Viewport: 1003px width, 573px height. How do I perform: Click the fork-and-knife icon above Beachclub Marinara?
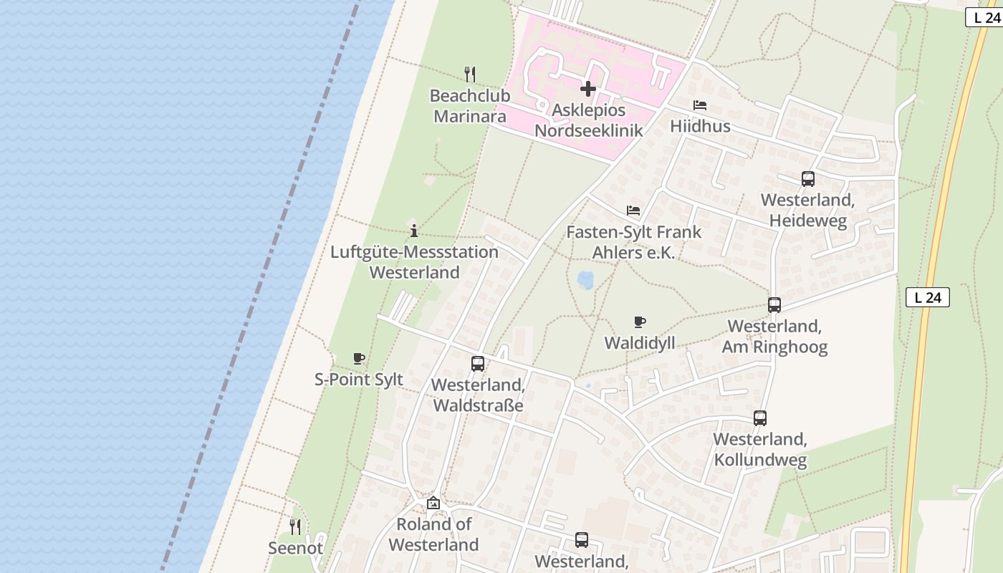click(x=470, y=74)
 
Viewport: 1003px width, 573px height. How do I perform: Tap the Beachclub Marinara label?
click(x=470, y=105)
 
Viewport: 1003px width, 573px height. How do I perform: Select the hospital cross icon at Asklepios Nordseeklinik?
click(x=588, y=89)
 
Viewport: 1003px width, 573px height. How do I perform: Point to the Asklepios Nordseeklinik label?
click(x=589, y=120)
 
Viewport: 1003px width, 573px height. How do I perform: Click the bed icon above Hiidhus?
click(x=700, y=105)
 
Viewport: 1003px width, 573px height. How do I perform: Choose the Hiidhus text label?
click(x=700, y=126)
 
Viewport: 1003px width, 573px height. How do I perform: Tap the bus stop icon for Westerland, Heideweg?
click(x=808, y=179)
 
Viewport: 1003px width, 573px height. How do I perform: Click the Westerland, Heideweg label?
click(x=808, y=210)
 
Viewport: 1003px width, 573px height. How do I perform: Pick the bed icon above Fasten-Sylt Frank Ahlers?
click(x=633, y=211)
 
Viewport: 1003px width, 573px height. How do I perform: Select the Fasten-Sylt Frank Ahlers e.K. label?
click(x=633, y=242)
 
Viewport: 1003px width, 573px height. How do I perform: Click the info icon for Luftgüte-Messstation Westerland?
click(x=414, y=231)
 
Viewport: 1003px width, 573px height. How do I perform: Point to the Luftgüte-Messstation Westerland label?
click(x=414, y=262)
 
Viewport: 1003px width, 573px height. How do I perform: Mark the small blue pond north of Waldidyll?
click(x=586, y=279)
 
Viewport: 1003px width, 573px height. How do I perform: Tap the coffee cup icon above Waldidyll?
click(x=640, y=322)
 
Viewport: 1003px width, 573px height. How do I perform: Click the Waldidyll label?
click(x=640, y=343)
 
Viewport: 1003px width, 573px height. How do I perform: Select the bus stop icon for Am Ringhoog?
click(x=774, y=305)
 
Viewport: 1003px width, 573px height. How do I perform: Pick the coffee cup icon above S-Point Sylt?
click(x=359, y=358)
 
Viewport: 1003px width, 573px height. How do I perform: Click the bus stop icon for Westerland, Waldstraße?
click(x=478, y=364)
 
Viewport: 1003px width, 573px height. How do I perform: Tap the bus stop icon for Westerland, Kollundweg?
click(x=760, y=418)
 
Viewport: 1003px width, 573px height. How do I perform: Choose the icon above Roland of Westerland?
click(x=433, y=503)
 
